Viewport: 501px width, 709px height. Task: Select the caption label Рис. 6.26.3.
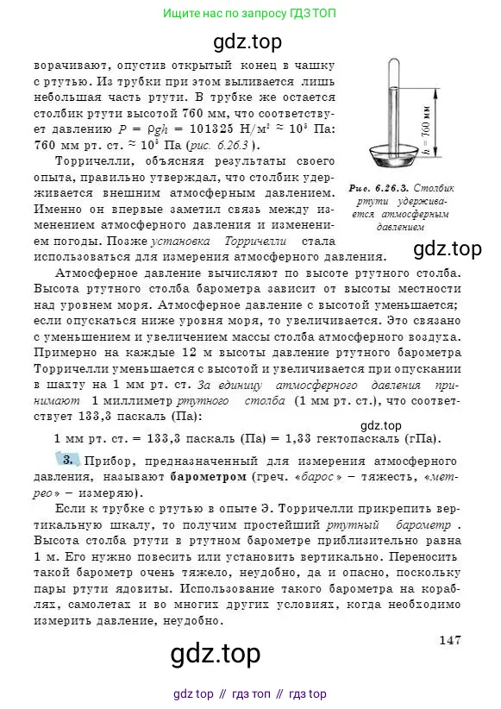tap(389, 187)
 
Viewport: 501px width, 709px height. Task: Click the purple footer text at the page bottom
tap(249, 694)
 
